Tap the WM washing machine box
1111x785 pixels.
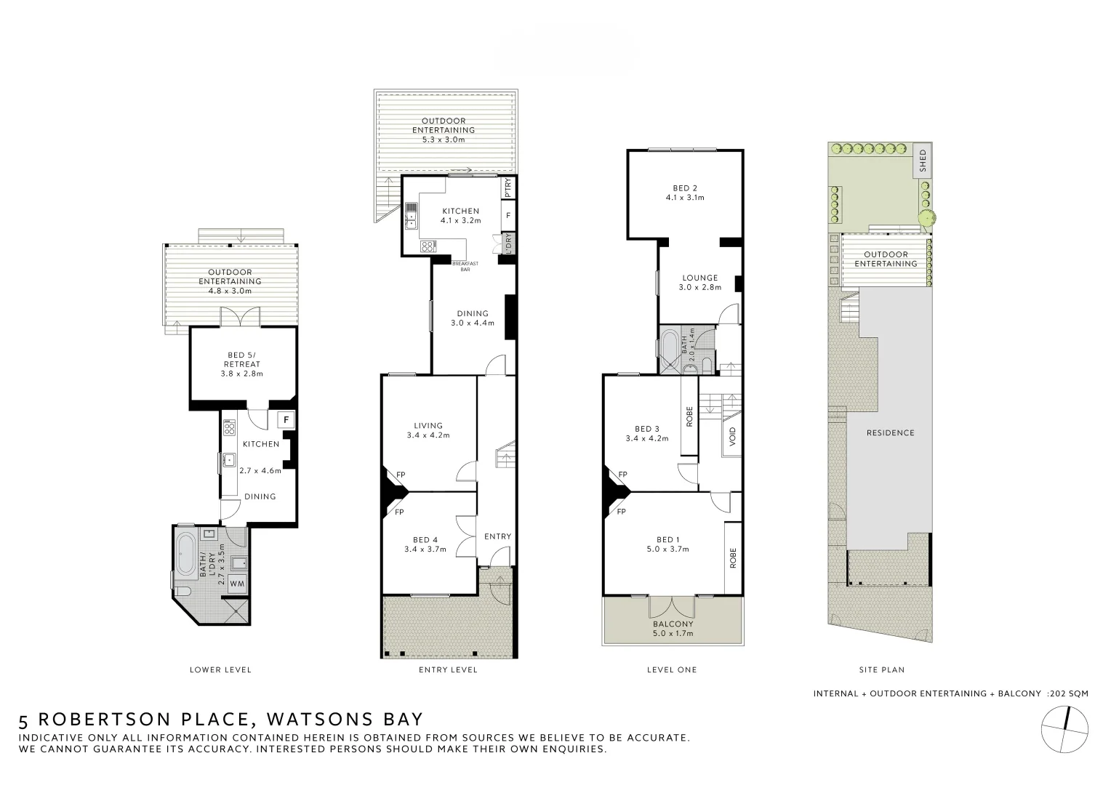pyautogui.click(x=237, y=583)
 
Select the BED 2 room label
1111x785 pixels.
pyautogui.click(x=685, y=193)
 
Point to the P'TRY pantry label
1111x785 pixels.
pyautogui.click(x=508, y=188)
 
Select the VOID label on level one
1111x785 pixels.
pyautogui.click(x=732, y=437)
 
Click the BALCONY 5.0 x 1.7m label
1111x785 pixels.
pyautogui.click(x=673, y=629)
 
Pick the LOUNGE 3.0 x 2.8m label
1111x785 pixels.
pyautogui.click(x=699, y=282)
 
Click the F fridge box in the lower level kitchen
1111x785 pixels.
pyautogui.click(x=286, y=419)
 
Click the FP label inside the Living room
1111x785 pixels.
pyautogui.click(x=400, y=475)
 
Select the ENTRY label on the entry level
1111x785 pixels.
pyautogui.click(x=497, y=536)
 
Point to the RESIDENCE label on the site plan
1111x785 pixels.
pyautogui.click(x=890, y=432)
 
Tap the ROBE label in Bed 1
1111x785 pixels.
pyautogui.click(x=732, y=557)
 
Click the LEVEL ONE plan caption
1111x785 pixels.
pyautogui.click(x=671, y=669)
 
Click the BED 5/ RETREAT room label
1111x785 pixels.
pyautogui.click(x=241, y=364)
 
